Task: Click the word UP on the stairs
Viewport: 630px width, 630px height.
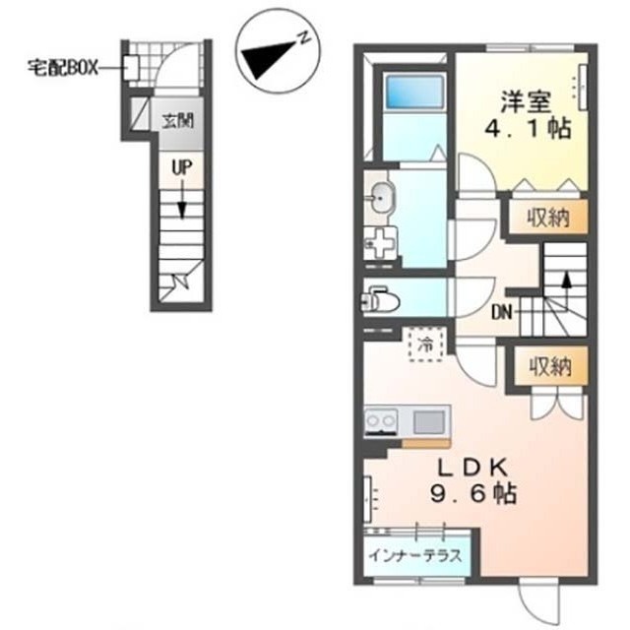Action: [180, 168]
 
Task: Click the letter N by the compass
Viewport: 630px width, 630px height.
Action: [306, 39]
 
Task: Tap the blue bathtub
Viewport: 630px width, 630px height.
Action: [412, 94]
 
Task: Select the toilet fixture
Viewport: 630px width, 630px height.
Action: [379, 297]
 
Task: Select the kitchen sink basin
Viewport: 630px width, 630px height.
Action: [428, 423]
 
